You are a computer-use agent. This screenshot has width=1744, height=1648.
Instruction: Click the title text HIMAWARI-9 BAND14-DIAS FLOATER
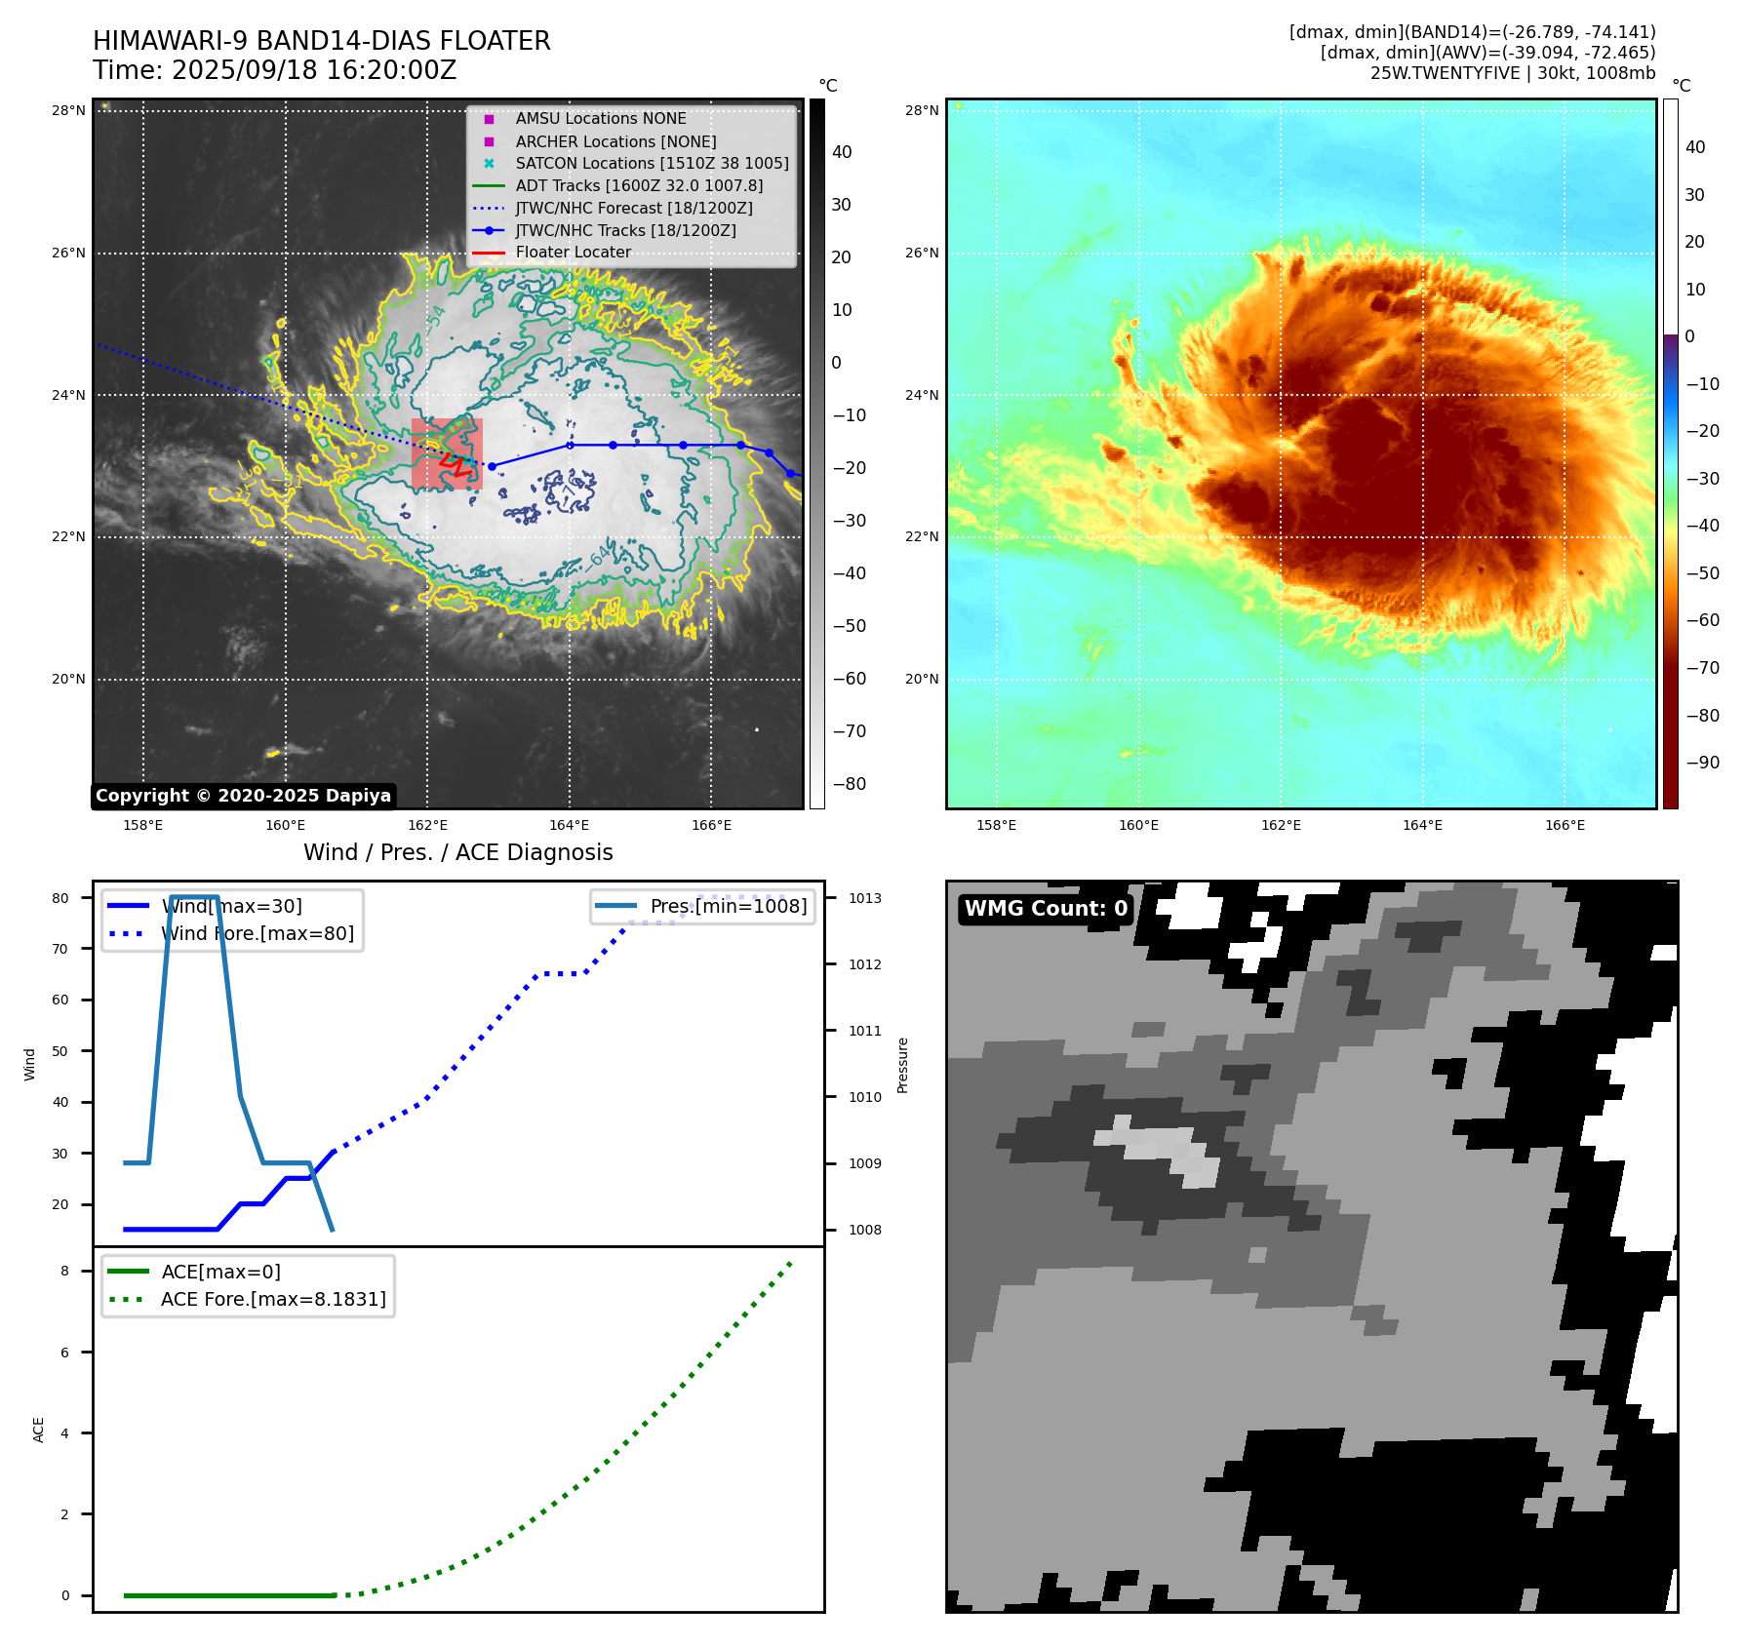(321, 41)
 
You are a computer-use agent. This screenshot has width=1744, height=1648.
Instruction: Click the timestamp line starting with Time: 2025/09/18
(274, 70)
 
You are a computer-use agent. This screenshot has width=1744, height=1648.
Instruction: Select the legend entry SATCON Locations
(652, 163)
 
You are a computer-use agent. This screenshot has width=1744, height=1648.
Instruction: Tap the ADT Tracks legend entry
(639, 185)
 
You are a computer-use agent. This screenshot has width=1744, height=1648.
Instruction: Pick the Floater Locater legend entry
(573, 252)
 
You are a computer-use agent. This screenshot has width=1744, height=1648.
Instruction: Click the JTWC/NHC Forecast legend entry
(633, 208)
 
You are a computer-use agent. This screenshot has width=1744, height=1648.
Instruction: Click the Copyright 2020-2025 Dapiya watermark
(243, 796)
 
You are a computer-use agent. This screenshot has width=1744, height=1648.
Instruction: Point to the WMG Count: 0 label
(1046, 909)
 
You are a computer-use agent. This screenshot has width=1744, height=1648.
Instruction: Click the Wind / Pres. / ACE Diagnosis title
(457, 852)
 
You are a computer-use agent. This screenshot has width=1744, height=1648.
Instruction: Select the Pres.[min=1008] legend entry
(728, 906)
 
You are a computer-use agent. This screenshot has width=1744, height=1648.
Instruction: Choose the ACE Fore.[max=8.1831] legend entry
(272, 1299)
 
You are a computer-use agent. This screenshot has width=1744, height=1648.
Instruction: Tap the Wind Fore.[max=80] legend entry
(257, 933)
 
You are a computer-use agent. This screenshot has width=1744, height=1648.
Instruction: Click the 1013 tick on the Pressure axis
(864, 898)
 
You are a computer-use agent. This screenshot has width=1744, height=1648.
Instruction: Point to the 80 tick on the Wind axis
(60, 898)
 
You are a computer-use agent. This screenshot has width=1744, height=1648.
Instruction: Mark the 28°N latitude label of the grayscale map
(68, 110)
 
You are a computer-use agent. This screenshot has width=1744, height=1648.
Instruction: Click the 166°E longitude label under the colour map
(1565, 825)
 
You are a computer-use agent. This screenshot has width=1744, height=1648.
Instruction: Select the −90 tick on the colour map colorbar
(1702, 763)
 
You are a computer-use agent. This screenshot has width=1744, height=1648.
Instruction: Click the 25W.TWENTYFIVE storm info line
(1512, 73)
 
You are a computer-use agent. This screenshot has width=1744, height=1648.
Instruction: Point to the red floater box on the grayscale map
(447, 453)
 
